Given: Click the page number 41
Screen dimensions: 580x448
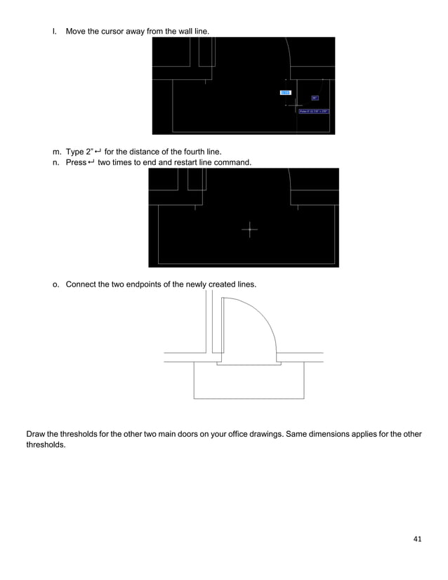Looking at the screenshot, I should click(418, 539).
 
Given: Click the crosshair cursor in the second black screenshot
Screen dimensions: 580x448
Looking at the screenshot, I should click(249, 229).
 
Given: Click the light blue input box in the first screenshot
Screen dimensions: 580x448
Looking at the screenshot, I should click(285, 92).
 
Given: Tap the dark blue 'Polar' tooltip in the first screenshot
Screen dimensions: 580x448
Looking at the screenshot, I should click(313, 111).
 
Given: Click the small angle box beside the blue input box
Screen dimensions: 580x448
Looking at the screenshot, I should click(315, 98).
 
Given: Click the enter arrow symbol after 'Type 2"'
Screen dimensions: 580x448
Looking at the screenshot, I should click(98, 152).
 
